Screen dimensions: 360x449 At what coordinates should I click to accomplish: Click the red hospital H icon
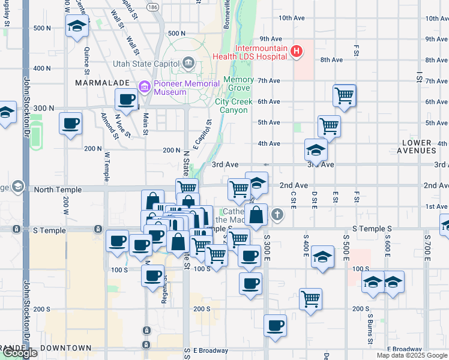[x=296, y=52]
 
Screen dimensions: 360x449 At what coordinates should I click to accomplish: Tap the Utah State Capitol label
[x=146, y=64]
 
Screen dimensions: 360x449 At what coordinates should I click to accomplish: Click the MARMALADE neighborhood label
[x=98, y=82]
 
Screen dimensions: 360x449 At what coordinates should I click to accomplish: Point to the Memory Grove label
[x=238, y=84]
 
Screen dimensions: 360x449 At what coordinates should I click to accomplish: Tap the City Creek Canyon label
[x=231, y=106]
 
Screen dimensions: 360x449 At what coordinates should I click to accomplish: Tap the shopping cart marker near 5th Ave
[x=330, y=126]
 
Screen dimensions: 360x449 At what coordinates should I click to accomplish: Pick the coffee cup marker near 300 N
[x=127, y=99]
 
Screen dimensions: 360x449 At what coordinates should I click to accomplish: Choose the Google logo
[x=20, y=353]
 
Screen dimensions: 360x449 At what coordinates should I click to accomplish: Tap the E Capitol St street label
[x=202, y=135]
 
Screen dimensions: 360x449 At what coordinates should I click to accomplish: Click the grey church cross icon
[x=277, y=213]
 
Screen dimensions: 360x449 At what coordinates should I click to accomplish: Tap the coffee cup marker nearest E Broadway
[x=275, y=326]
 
